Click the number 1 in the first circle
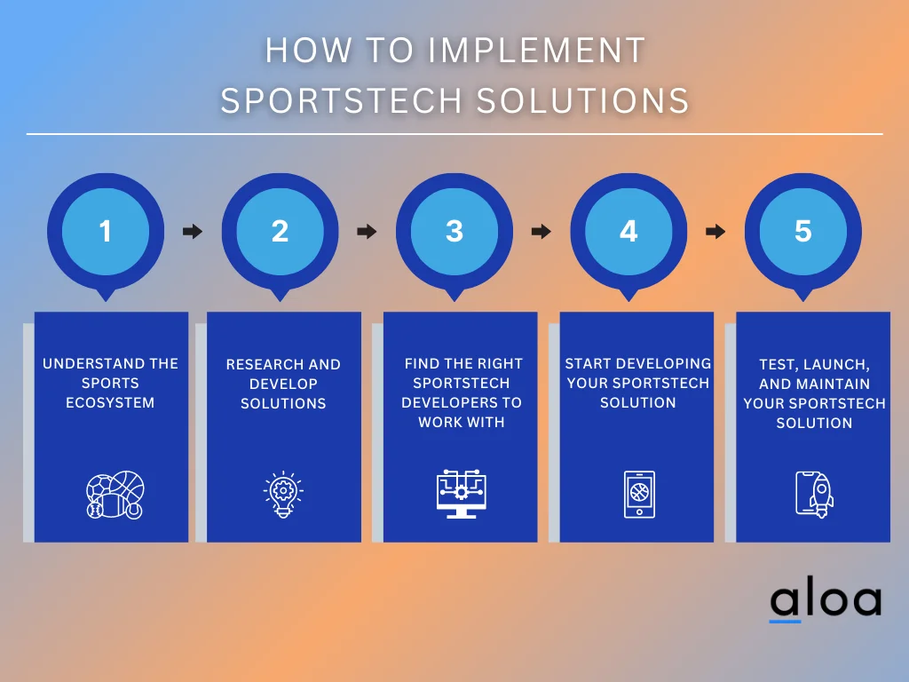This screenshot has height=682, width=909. pyautogui.click(x=106, y=232)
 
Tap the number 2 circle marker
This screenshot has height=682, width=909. pyautogui.click(x=280, y=232)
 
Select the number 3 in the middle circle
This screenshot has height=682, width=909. pyautogui.click(x=454, y=232)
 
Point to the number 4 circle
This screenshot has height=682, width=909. pyautogui.click(x=628, y=232)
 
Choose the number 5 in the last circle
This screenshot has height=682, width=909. pyautogui.click(x=802, y=232)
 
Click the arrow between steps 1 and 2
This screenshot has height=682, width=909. pyautogui.click(x=192, y=232)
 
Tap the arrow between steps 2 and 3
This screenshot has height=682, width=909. pyautogui.click(x=366, y=232)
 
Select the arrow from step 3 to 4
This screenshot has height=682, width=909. pyautogui.click(x=541, y=232)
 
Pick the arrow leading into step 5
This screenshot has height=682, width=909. pyautogui.click(x=715, y=232)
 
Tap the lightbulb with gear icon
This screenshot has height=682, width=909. pyautogui.click(x=283, y=495)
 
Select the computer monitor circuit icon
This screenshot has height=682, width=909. pyautogui.click(x=462, y=495)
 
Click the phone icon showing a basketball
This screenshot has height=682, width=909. pyautogui.click(x=639, y=495)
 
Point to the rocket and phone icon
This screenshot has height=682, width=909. pyautogui.click(x=814, y=495)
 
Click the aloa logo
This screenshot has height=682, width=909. pyautogui.click(x=825, y=600)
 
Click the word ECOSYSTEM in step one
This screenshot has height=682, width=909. pyautogui.click(x=110, y=403)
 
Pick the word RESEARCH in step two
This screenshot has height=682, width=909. pyautogui.click(x=261, y=365)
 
